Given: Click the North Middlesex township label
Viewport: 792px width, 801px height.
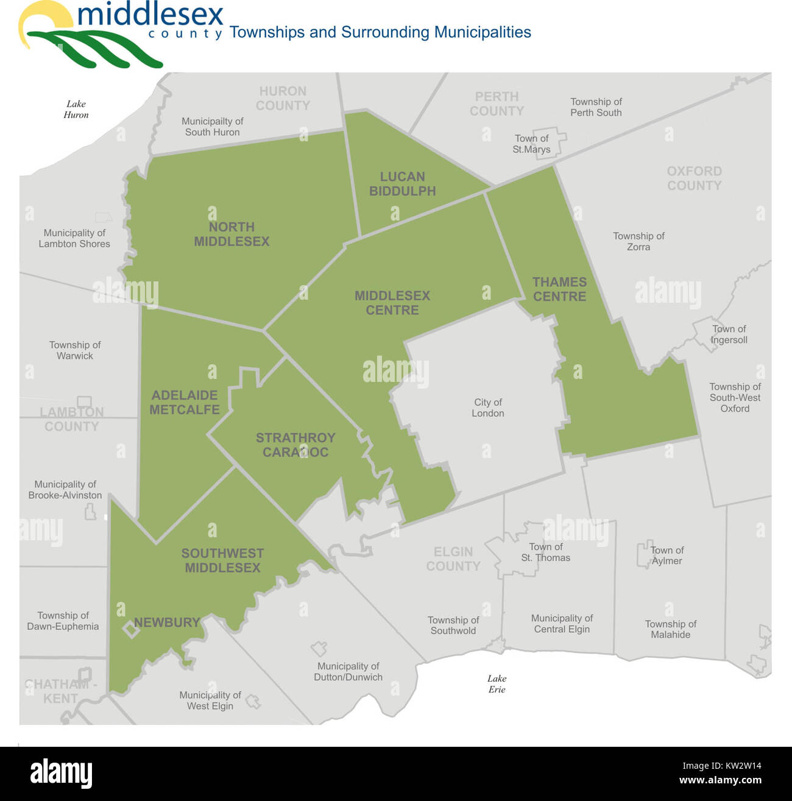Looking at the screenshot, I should [x=232, y=235].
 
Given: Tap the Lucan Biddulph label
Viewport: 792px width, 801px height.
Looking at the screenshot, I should [x=402, y=184].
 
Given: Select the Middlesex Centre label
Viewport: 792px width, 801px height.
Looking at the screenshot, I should [x=392, y=303].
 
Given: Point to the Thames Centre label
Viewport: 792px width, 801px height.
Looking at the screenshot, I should [x=559, y=289].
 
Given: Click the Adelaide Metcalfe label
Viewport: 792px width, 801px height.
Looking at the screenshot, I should [x=185, y=403].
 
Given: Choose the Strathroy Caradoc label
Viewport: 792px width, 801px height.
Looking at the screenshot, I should [x=295, y=445].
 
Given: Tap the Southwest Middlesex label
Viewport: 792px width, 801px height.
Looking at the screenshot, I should [x=222, y=560].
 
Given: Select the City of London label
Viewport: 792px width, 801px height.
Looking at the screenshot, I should [x=488, y=408].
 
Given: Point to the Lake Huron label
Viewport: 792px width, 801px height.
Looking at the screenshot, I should [x=76, y=109].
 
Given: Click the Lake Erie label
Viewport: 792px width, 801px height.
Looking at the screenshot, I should [x=497, y=683].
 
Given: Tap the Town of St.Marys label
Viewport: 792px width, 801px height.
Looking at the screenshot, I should [x=531, y=144].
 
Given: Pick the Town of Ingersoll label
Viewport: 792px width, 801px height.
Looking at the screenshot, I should [x=729, y=334].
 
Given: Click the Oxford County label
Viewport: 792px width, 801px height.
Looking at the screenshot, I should [x=694, y=178].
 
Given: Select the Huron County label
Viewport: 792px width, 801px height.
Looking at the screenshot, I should [x=283, y=98].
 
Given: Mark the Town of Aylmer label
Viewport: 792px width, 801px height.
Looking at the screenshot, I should [x=667, y=556].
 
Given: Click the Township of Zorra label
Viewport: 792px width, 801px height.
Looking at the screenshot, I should [x=638, y=241].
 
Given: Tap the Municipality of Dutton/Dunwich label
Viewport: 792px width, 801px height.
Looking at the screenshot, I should [x=348, y=671].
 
